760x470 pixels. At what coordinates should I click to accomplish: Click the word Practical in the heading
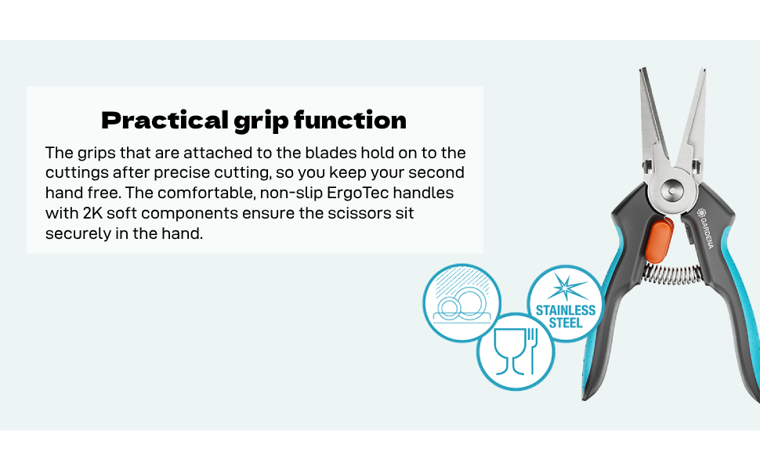[165, 120]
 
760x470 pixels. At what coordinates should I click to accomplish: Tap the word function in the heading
[350, 120]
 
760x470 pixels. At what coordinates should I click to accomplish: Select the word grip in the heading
[261, 121]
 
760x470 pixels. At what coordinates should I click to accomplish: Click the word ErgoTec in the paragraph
[358, 193]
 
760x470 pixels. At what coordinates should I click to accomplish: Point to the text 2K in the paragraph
[92, 213]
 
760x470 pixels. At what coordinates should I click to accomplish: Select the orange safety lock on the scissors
[659, 240]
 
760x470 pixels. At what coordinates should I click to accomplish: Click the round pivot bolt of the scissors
[671, 190]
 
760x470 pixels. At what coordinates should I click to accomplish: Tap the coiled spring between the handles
[671, 274]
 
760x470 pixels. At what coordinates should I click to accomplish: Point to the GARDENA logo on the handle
[705, 228]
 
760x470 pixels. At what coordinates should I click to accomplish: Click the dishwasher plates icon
[462, 302]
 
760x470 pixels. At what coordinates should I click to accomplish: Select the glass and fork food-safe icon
[516, 351]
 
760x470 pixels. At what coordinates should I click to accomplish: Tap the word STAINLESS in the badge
[566, 310]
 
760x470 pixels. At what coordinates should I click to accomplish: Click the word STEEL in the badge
[566, 323]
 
